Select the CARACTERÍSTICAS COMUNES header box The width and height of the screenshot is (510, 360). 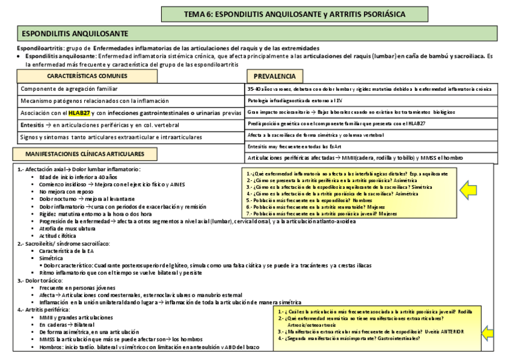tap(87, 76)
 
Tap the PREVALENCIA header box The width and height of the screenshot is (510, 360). tap(274, 76)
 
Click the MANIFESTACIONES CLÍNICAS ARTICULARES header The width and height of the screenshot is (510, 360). tap(88, 154)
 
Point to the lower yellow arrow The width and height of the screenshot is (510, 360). tap(488, 332)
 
